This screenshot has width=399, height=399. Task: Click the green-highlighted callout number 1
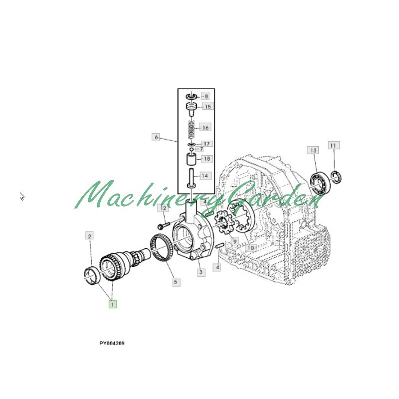(113, 304)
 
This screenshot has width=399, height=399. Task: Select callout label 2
(89, 236)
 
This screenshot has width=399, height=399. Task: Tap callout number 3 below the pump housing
(201, 272)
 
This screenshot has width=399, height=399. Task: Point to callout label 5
(176, 282)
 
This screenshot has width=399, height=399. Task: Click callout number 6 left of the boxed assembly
(156, 138)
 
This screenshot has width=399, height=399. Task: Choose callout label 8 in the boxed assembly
(206, 96)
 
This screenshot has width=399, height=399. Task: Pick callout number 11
(333, 145)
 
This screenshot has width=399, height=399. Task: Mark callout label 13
(313, 151)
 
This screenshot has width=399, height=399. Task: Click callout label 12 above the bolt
(163, 208)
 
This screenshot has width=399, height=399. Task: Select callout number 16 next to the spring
(205, 128)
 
